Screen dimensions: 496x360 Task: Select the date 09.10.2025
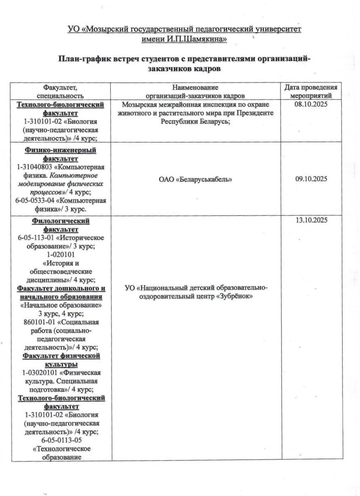pyautogui.click(x=311, y=179)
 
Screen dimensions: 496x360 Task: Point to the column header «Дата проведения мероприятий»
pyautogui.click(x=311, y=91)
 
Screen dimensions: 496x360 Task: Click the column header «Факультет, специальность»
pyautogui.click(x=60, y=91)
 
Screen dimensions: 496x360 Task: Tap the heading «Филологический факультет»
pyautogui.click(x=61, y=225)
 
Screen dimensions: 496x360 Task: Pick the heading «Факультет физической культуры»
pyautogui.click(x=61, y=360)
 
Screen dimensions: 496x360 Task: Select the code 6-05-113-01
pyautogui.click(x=38, y=238)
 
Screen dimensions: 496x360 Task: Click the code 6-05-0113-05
pyautogui.click(x=61, y=440)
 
